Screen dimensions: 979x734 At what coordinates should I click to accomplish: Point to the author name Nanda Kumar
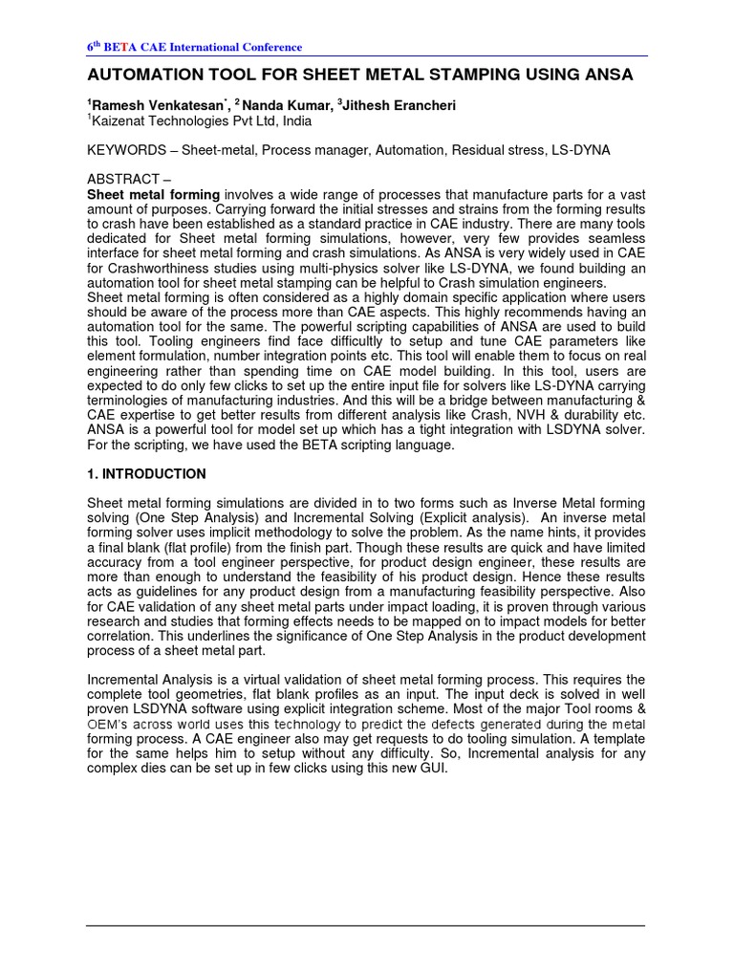283,105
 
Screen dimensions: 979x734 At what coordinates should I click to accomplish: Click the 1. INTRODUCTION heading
146,474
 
